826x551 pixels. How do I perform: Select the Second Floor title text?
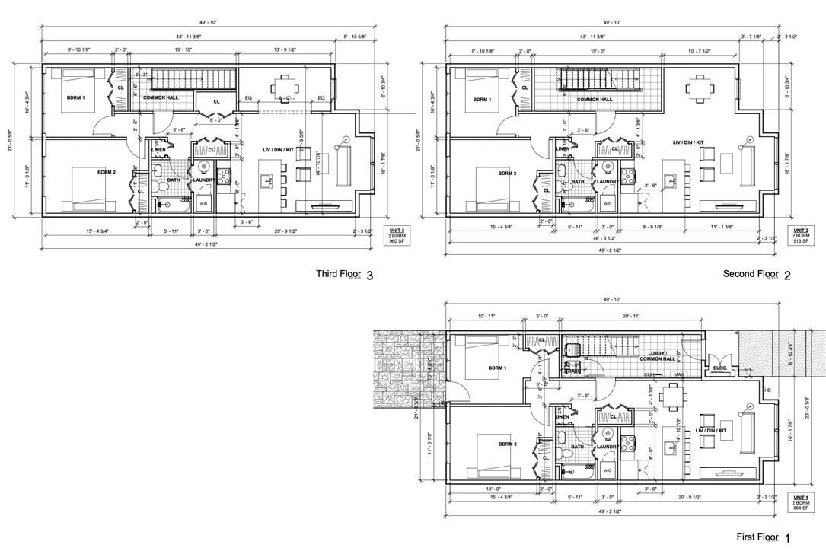750,274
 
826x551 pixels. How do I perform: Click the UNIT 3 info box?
396,236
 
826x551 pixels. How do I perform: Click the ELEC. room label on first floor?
720,368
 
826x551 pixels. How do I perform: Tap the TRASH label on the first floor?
572,371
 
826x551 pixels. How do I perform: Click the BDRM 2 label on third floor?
107,172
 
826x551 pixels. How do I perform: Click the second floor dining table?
698,88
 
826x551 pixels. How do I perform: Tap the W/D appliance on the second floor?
607,204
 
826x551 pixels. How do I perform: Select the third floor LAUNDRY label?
203,180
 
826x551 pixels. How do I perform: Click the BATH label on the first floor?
578,447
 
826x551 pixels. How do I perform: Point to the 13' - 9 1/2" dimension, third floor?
285,52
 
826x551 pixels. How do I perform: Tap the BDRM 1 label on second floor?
481,100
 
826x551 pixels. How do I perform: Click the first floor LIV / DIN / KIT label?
711,431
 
